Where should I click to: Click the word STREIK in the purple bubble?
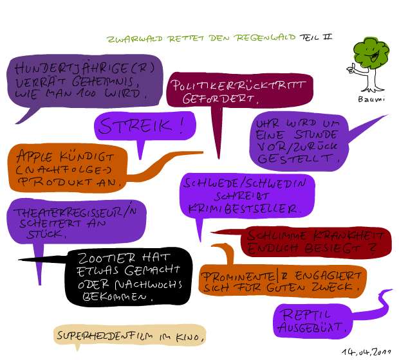click(x=135, y=125)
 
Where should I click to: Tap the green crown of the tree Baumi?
click(x=371, y=53)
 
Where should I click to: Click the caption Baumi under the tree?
click(x=371, y=99)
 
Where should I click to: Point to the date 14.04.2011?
click(x=366, y=352)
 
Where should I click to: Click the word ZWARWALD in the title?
click(x=135, y=39)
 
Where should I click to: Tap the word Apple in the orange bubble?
click(x=35, y=156)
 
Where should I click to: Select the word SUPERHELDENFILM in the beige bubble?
click(x=105, y=336)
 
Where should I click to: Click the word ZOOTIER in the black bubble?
click(x=106, y=258)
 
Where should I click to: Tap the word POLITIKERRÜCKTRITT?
click(x=238, y=85)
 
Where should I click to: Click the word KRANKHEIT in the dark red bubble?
click(x=348, y=235)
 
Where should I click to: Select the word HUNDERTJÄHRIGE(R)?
click(x=84, y=68)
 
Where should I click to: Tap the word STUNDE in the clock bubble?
click(x=315, y=134)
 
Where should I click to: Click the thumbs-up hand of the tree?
click(x=351, y=69)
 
